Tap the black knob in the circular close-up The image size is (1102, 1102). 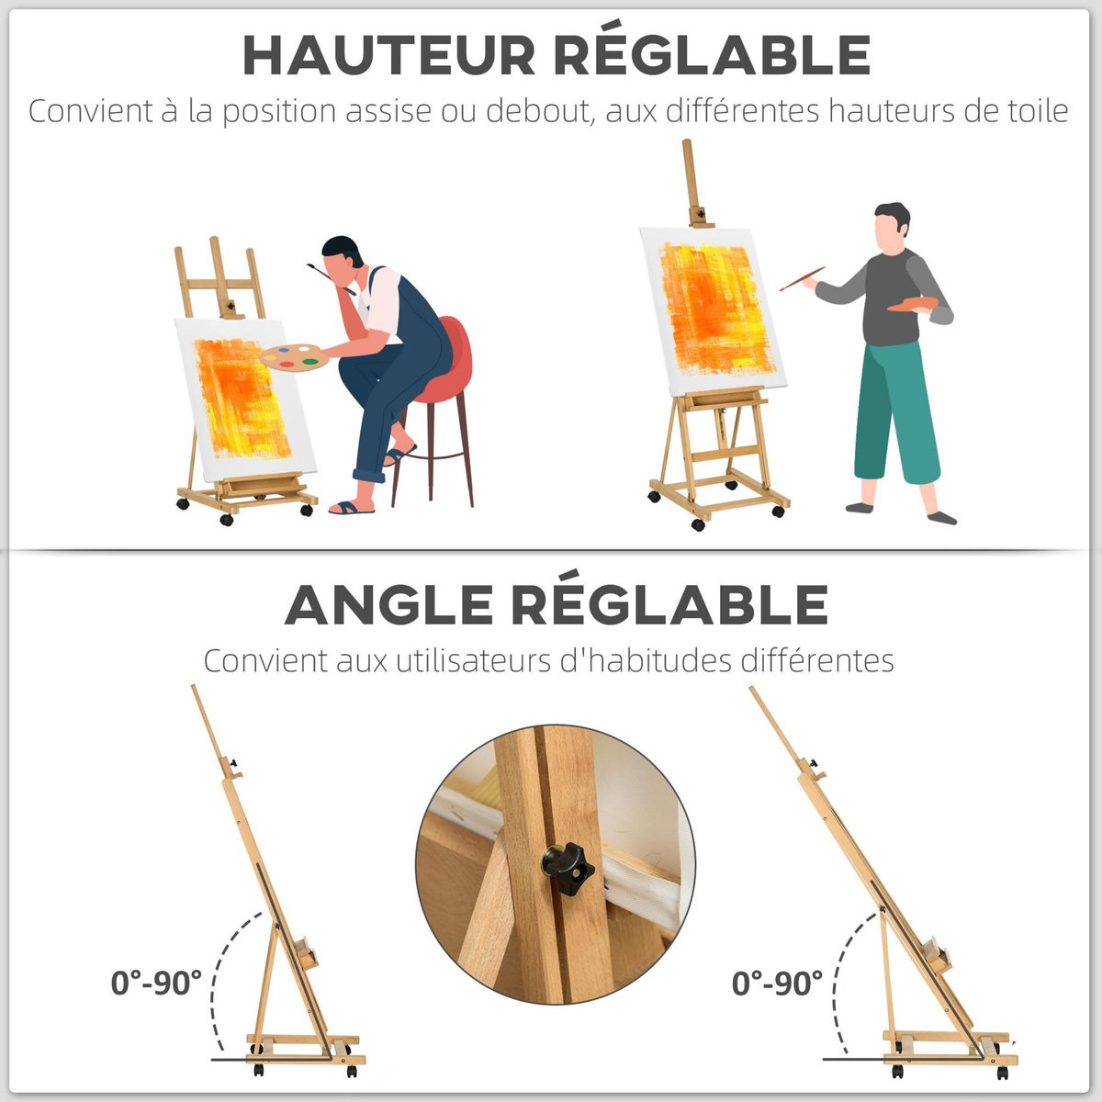pos(568,867)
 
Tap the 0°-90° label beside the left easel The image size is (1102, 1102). pos(156,983)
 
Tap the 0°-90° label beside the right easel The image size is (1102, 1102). pos(777,984)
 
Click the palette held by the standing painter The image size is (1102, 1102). pos(912,304)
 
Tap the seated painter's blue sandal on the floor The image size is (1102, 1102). pos(352,507)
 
